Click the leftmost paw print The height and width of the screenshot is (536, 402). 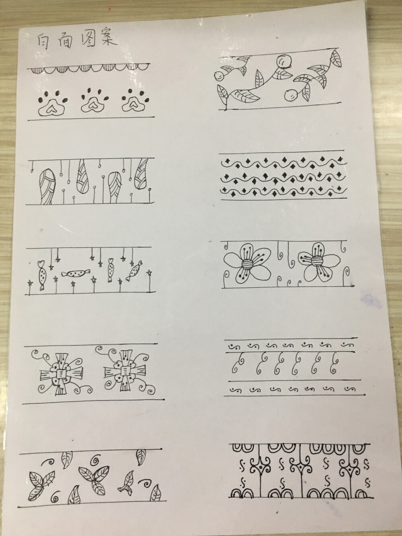click(52, 103)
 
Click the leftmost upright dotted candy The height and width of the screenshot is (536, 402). click(42, 275)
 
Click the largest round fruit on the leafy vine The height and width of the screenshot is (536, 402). click(284, 62)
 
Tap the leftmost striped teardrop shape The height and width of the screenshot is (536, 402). click(47, 187)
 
